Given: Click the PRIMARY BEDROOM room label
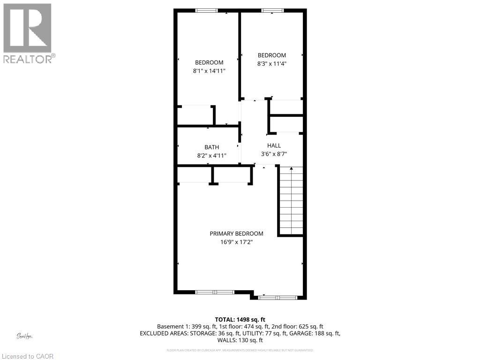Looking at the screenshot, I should point(236,233).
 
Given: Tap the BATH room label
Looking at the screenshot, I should point(211,147).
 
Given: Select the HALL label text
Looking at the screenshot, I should point(274,145).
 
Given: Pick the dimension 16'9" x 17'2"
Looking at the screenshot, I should point(236,242).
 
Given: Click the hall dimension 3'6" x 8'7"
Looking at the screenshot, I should point(274,153).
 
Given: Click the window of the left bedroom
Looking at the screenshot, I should point(206,10).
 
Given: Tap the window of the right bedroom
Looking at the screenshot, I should point(270,10).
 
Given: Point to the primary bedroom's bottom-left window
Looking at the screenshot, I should point(214,292).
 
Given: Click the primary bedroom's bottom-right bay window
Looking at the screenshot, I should point(277,297).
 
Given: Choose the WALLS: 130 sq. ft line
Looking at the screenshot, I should point(240,340).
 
